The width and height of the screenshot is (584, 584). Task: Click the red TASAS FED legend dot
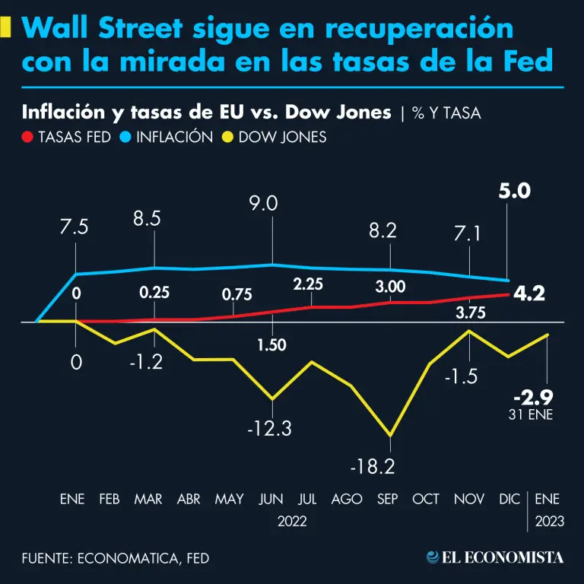click(x=28, y=138)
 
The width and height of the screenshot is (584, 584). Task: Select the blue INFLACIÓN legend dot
click(x=127, y=138)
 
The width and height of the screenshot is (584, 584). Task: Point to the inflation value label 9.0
click(x=271, y=203)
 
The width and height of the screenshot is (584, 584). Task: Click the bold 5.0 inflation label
click(x=515, y=191)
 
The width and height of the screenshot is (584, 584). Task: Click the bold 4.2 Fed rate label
click(x=529, y=294)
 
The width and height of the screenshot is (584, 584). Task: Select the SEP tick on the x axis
click(x=389, y=499)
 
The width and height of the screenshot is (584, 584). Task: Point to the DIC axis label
click(x=510, y=499)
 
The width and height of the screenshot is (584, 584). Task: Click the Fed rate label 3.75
click(x=470, y=310)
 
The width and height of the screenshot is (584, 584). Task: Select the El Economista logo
click(x=496, y=557)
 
